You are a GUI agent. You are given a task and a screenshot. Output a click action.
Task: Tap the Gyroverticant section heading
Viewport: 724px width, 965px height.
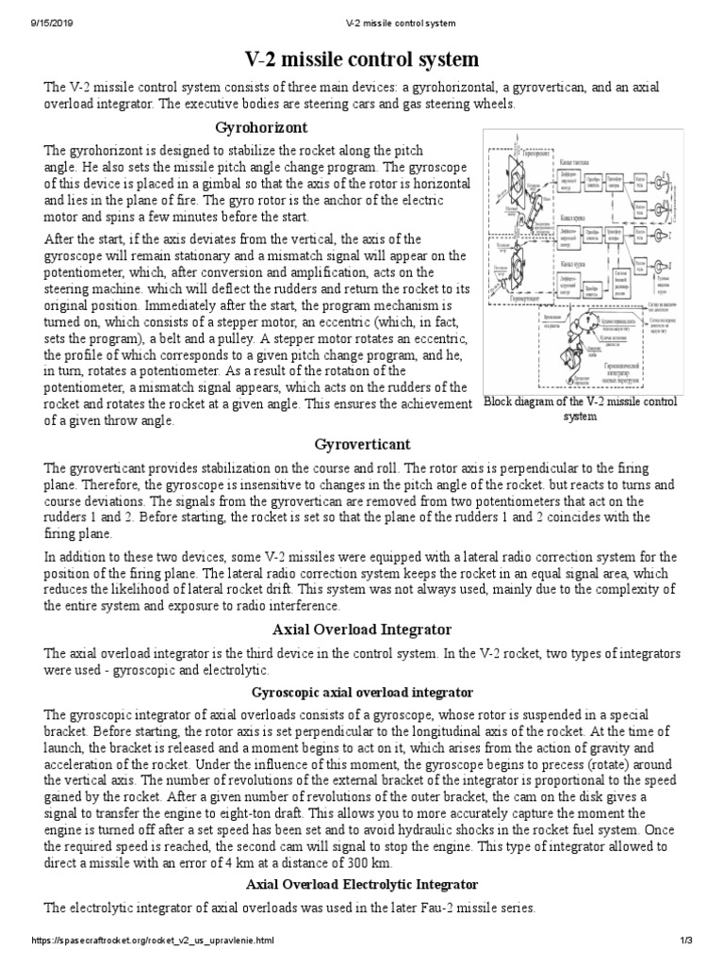(x=361, y=444)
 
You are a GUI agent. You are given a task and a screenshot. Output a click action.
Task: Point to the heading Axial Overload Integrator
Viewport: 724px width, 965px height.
(x=361, y=630)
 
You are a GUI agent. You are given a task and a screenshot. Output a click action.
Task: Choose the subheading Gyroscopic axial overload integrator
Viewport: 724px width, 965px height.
(x=361, y=692)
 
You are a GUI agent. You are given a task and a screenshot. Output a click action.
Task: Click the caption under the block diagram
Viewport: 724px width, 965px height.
(x=580, y=409)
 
